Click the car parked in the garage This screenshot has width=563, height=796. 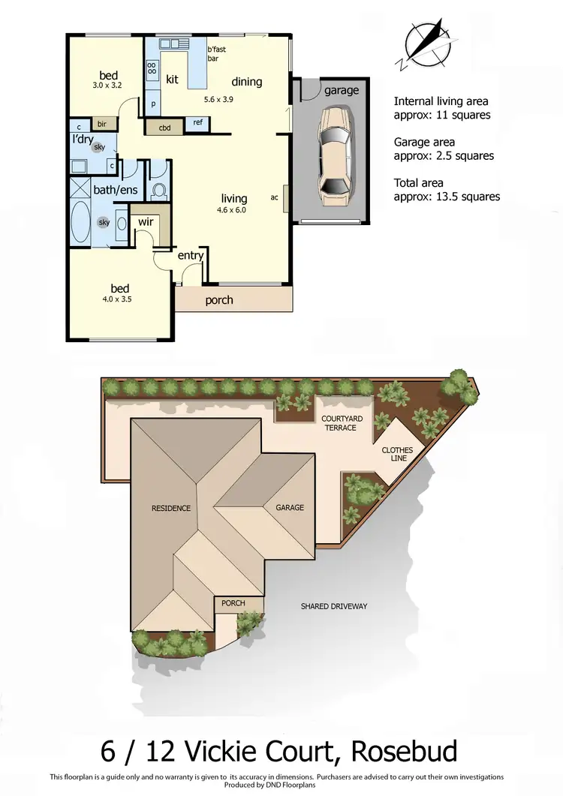(x=334, y=157)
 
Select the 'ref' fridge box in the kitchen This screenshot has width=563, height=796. (x=198, y=122)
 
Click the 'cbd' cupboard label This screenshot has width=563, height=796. (x=164, y=128)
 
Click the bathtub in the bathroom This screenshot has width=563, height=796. (x=80, y=224)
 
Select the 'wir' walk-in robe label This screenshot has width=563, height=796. (x=146, y=222)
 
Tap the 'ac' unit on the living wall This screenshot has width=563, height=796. (x=275, y=198)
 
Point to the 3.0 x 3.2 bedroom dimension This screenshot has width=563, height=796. (x=107, y=86)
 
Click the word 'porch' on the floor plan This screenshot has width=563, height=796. (x=219, y=300)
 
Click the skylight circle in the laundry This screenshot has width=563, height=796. (x=99, y=148)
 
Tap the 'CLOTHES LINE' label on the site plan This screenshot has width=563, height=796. (x=397, y=455)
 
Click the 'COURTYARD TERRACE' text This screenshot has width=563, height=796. (x=339, y=422)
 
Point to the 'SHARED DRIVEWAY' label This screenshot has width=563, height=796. (x=334, y=606)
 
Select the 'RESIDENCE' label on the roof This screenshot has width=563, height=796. (x=171, y=508)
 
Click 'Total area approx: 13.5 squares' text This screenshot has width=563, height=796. (x=447, y=190)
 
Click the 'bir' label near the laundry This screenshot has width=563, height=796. (x=101, y=124)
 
